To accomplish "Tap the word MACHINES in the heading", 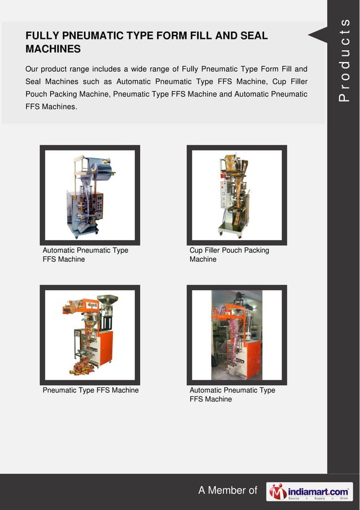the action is [53, 49].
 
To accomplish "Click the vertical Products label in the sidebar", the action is [344, 60].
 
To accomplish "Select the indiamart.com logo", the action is [309, 491].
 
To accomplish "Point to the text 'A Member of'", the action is [227, 490].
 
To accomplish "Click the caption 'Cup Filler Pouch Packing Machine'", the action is [229, 255].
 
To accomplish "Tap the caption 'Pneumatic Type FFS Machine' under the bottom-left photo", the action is [90, 390].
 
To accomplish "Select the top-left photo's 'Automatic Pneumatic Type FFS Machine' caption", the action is [85, 255].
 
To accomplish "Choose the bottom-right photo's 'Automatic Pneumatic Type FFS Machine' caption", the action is [232, 395].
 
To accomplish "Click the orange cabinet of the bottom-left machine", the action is [106, 347].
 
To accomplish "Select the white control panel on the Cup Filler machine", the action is [224, 194].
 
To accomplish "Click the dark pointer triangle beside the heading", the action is [318, 34].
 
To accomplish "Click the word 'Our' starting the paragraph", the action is [32, 69].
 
